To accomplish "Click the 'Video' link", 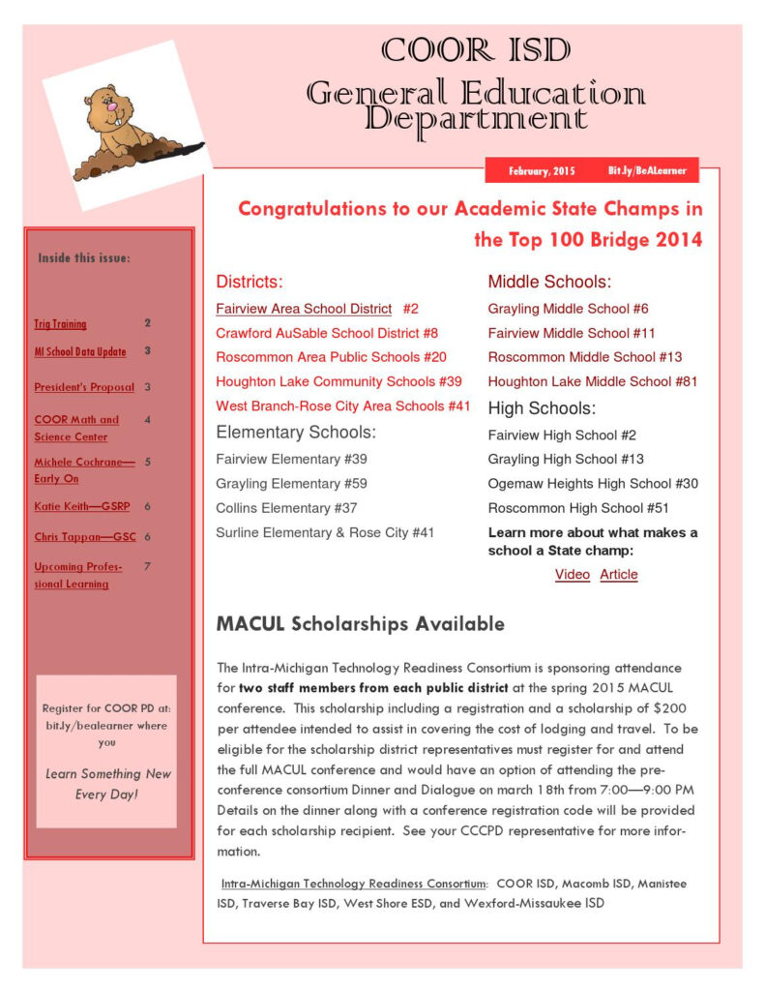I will click(572, 575).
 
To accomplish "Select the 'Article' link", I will click(619, 575).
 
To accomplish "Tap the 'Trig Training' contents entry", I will click(60, 324).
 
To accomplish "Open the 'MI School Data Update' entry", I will click(80, 351).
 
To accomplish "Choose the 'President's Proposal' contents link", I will click(84, 387).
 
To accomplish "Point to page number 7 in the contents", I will click(147, 566).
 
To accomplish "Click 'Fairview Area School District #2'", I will click(317, 309).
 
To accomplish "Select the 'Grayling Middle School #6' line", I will click(568, 309).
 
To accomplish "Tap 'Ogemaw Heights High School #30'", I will click(593, 484).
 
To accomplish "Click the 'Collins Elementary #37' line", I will click(286, 508).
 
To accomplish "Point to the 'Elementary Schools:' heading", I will click(296, 432).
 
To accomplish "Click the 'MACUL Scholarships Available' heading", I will click(360, 624).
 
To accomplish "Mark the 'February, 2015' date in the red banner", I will click(542, 171).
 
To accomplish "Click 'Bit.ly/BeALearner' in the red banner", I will click(647, 171).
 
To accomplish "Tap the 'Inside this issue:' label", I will click(83, 258).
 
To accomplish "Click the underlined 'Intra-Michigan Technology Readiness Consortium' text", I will click(353, 884).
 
